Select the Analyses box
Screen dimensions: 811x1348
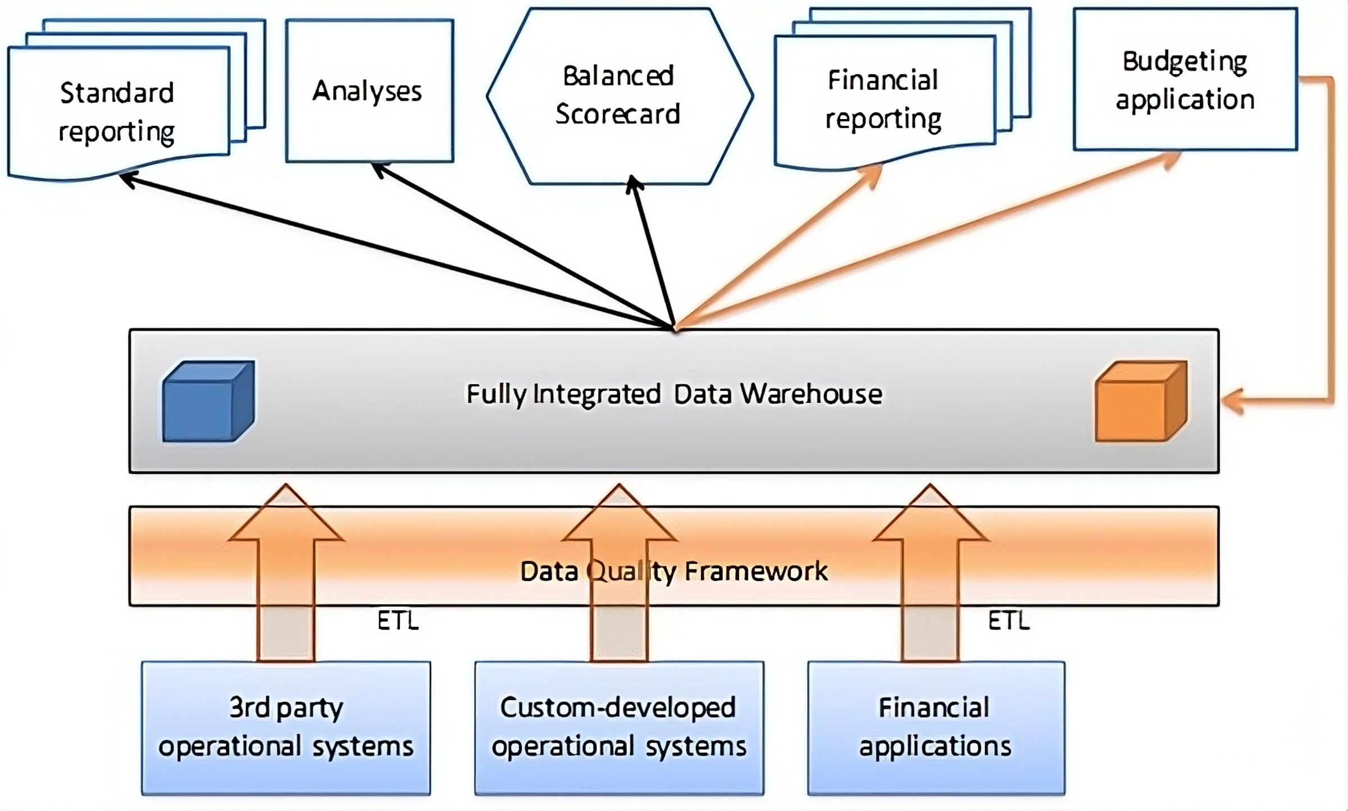369,91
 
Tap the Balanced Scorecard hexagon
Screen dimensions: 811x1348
619,95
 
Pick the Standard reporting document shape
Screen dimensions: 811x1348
118,112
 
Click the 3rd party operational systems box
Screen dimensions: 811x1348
286,728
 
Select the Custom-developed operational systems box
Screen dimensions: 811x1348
619,728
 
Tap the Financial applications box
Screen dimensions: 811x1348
936,728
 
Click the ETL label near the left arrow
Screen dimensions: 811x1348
398,621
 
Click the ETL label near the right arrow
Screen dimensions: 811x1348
1009,621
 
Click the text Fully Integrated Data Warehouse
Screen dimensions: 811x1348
674,394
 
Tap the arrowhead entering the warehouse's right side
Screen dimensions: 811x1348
1233,402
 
